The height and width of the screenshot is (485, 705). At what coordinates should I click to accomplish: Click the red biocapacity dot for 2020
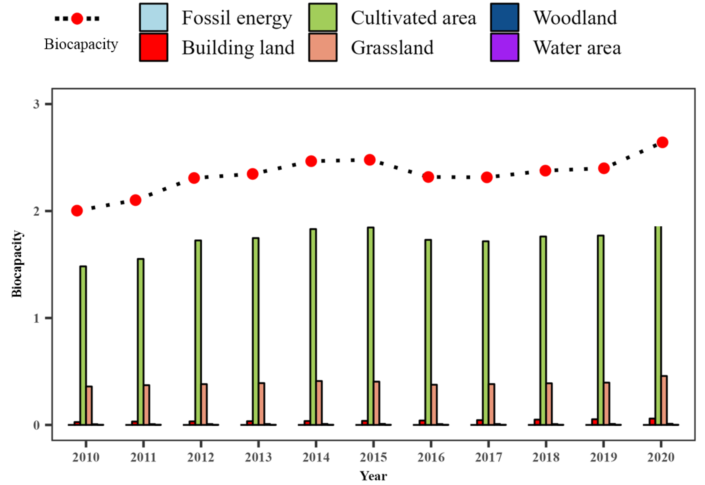coord(662,142)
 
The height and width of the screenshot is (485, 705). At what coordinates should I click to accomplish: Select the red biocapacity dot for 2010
coord(77,211)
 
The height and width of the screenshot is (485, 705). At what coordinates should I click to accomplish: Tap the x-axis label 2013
coord(258,457)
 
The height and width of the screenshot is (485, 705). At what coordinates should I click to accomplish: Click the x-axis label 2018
coord(546,457)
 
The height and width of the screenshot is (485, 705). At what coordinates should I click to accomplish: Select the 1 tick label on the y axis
coord(36,318)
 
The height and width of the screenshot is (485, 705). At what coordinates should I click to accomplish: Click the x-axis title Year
coord(373,476)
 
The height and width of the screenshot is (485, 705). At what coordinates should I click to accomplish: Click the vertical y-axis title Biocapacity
coord(17,264)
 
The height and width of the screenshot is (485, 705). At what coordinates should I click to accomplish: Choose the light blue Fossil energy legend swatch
coord(153,17)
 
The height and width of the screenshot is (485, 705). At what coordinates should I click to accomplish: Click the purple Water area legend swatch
coord(504,47)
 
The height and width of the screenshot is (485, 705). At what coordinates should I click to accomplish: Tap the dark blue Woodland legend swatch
coord(504,17)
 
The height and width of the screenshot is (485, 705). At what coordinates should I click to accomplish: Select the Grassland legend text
coord(392,48)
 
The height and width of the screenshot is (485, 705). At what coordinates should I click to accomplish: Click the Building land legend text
coord(238,48)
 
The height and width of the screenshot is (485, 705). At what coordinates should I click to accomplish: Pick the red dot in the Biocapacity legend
coord(77,19)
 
